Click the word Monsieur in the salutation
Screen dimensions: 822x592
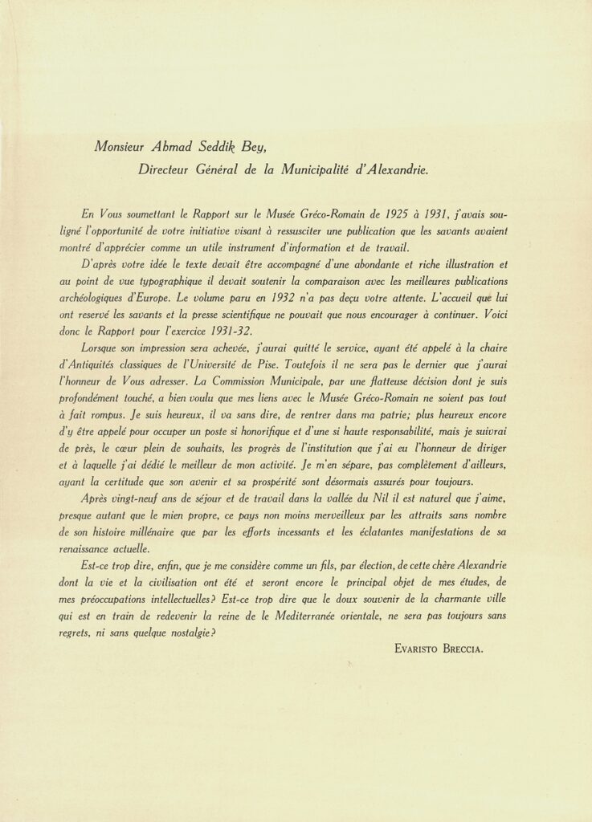tap(124, 147)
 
